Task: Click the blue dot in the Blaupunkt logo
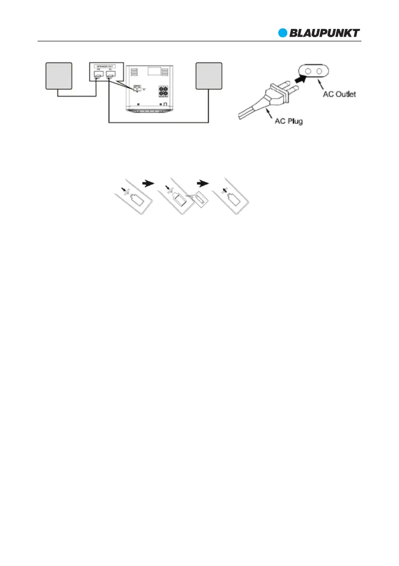[x=283, y=33]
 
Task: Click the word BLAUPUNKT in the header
[x=325, y=33]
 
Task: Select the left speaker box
[x=58, y=75]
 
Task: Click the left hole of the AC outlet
[x=309, y=71]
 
